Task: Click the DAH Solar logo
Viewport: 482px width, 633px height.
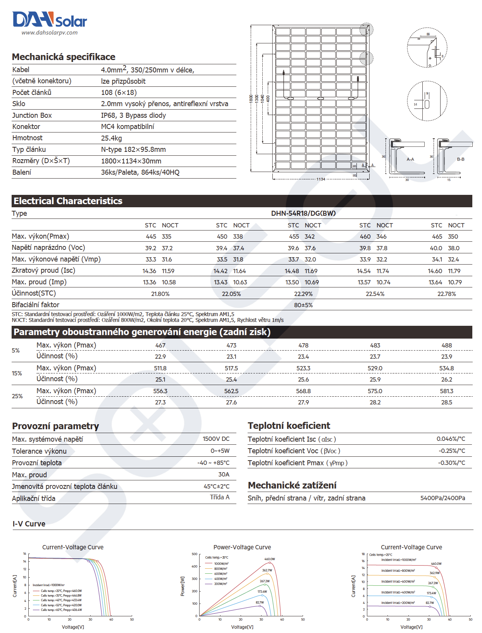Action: [50, 19]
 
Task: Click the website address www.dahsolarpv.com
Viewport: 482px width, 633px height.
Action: [50, 33]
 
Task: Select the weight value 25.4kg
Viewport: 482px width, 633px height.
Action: [112, 138]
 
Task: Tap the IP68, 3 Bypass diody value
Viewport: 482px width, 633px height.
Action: [133, 115]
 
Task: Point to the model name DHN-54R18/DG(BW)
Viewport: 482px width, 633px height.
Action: [303, 213]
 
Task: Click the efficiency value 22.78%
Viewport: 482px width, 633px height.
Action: [446, 294]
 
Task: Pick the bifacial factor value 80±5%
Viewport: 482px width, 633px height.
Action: [303, 305]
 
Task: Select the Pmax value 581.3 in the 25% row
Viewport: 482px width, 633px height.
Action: [446, 391]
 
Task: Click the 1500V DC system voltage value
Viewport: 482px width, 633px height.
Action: [216, 439]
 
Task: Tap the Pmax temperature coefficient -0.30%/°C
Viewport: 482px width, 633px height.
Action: [451, 463]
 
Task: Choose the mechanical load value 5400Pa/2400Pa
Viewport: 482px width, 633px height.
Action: [442, 498]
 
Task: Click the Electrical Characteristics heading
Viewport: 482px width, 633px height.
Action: [68, 201]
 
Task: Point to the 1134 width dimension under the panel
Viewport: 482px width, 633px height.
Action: [321, 179]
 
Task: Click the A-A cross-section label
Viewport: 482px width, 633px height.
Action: [410, 159]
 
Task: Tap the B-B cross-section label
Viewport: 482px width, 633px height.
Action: [460, 159]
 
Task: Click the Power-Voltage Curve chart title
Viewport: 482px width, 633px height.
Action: [242, 547]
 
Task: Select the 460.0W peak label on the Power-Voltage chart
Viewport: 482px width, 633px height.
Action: [270, 559]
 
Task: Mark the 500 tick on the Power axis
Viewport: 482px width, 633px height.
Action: [195, 554]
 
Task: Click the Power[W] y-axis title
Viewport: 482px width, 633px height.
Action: [182, 586]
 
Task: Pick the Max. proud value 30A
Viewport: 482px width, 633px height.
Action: [224, 475]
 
